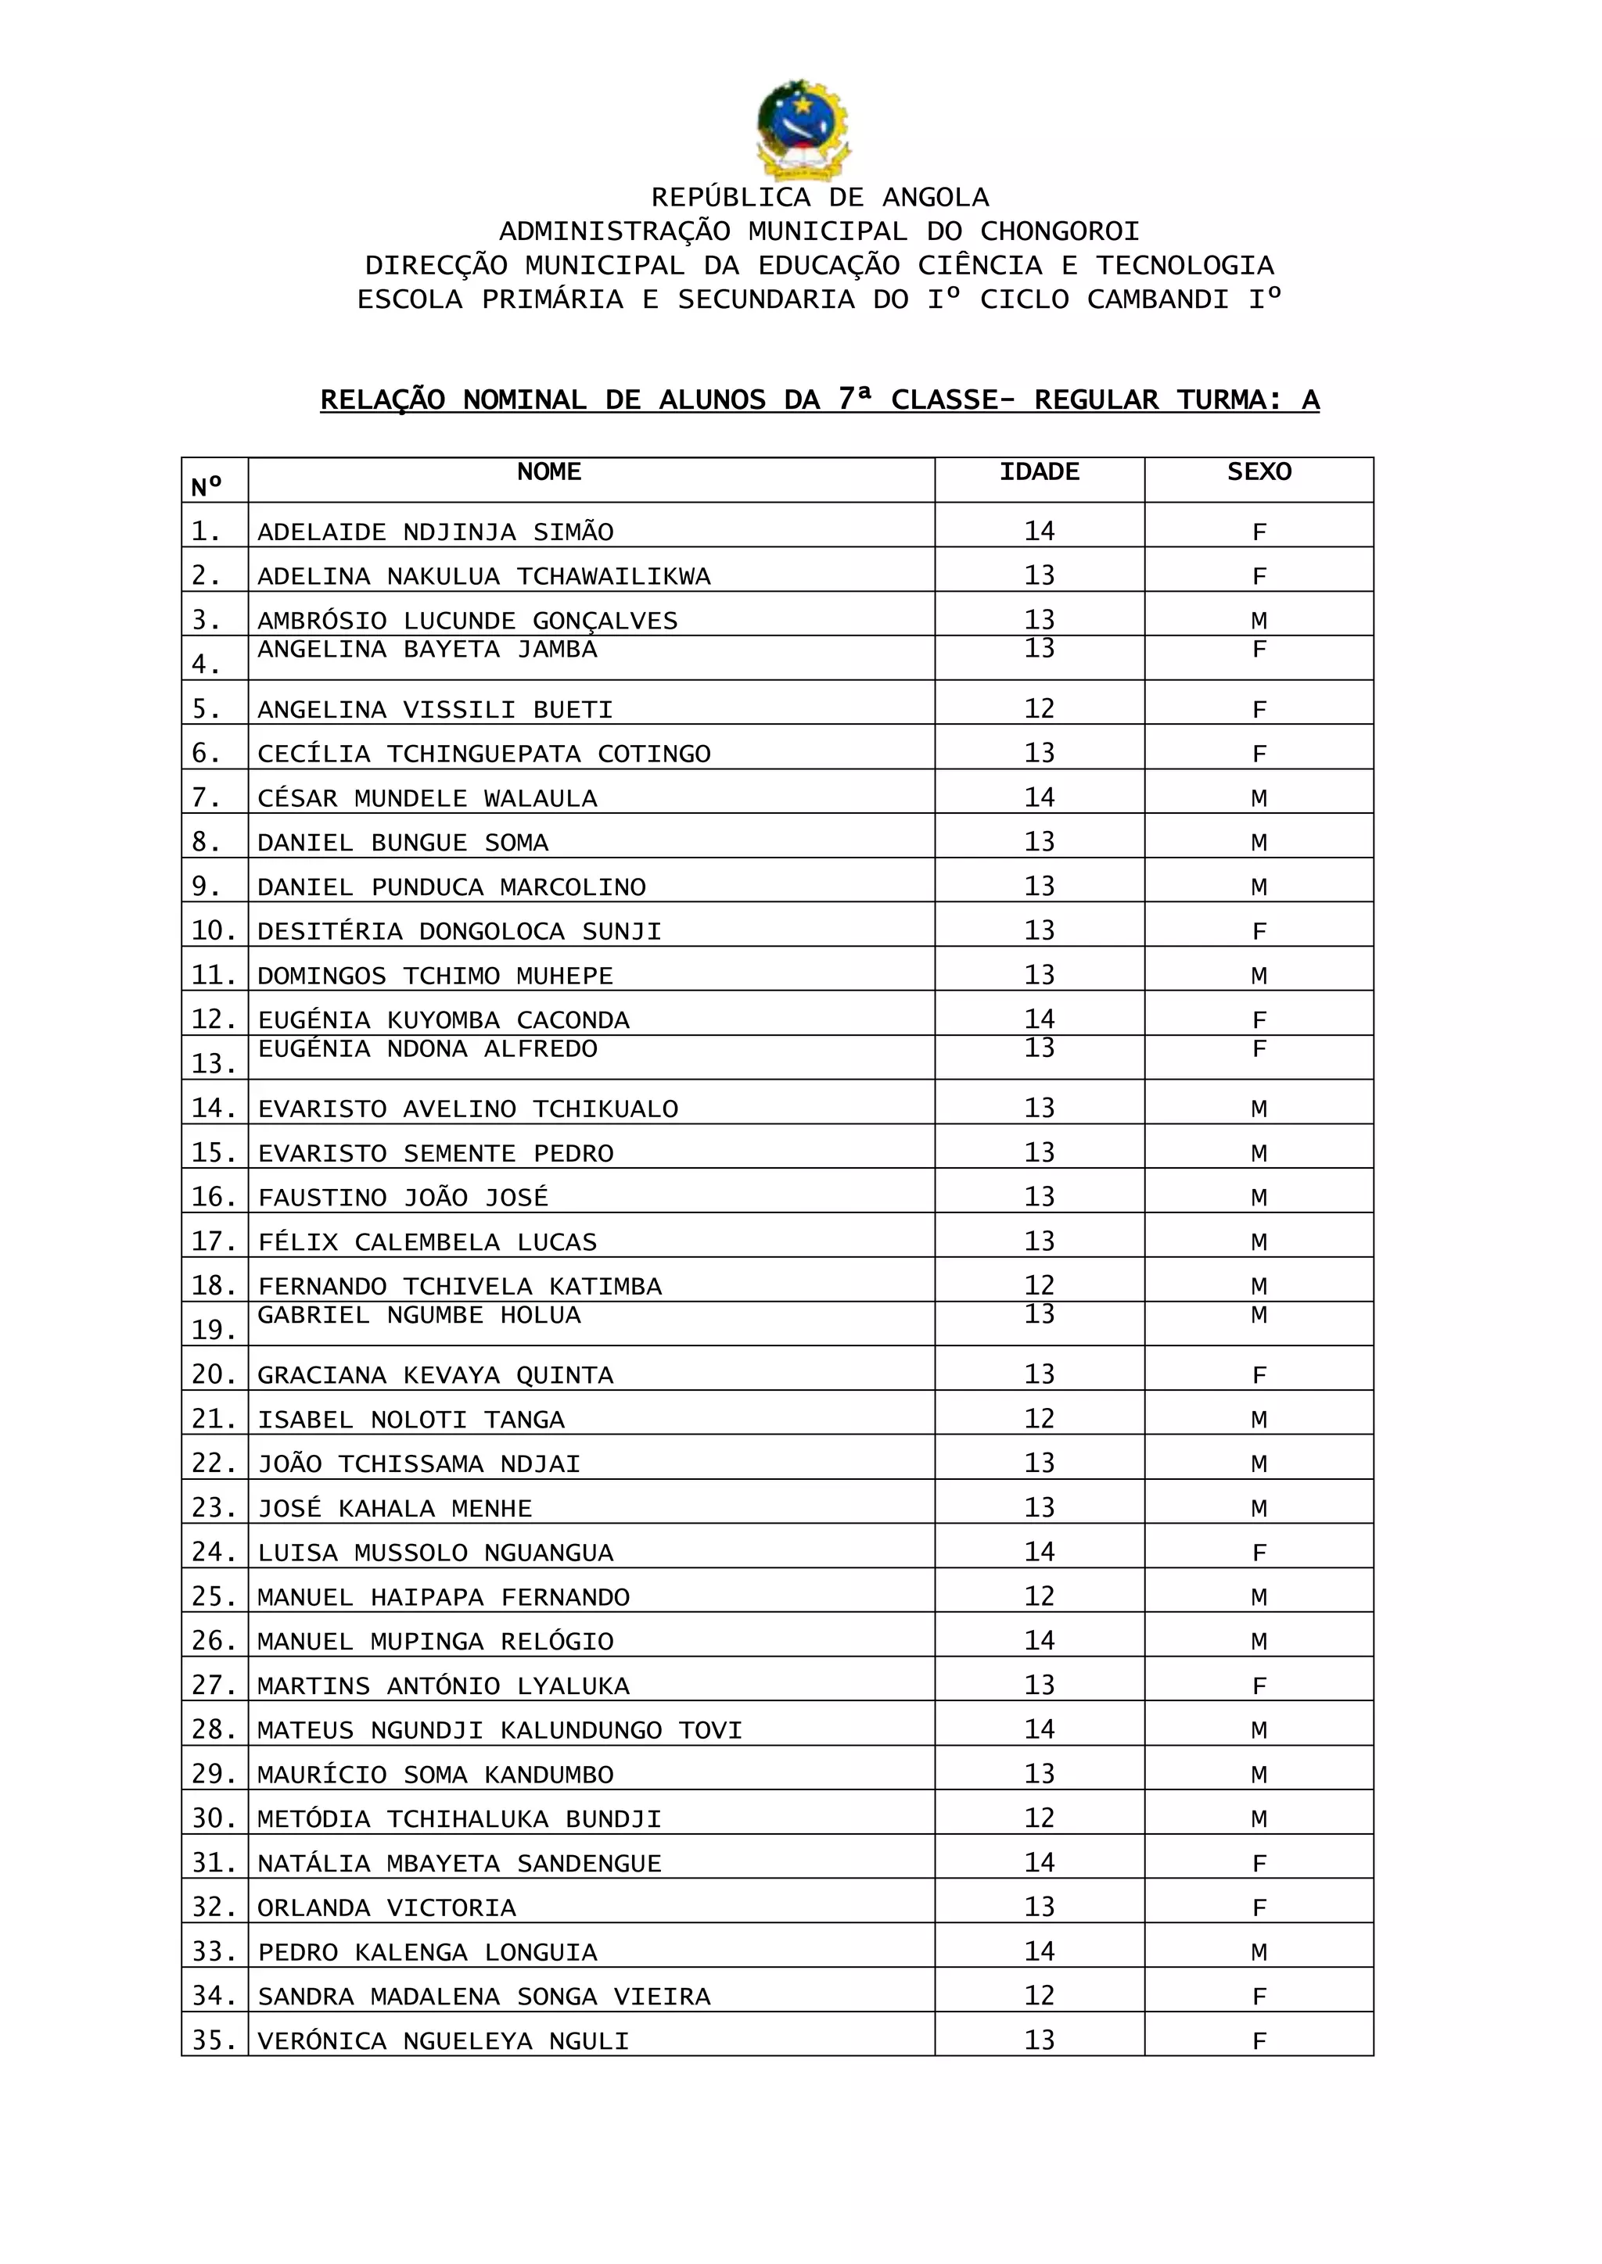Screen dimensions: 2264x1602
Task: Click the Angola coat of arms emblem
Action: tap(801, 129)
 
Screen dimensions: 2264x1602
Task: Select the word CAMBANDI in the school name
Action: tap(1158, 299)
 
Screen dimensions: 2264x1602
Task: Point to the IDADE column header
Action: tap(1039, 472)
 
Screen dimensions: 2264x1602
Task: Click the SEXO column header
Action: tap(1259, 472)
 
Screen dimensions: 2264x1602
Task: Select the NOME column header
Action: tap(548, 472)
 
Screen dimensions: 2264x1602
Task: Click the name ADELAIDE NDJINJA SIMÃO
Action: tap(435, 532)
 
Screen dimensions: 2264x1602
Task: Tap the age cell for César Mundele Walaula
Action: tap(1039, 797)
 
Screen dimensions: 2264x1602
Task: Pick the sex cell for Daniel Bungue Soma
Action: tap(1259, 843)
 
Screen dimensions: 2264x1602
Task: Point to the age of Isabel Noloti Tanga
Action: tap(1039, 1419)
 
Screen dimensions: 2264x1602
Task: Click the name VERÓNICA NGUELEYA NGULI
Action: tap(443, 2041)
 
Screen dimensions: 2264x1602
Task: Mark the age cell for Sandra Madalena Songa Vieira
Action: tap(1039, 1996)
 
